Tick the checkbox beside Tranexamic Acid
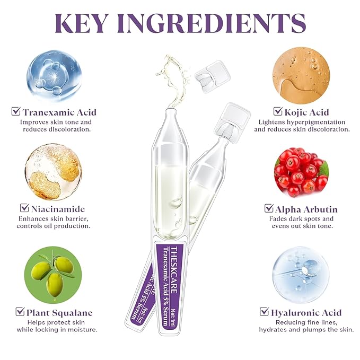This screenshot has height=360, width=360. point(16,112)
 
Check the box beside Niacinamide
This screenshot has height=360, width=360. point(24,208)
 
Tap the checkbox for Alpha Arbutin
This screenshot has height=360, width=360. point(269,208)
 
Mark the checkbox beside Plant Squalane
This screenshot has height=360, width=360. point(20,312)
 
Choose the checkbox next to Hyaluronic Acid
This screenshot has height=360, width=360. point(264,312)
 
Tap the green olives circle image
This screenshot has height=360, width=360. point(53,274)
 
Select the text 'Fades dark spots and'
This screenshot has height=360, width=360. point(300,218)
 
